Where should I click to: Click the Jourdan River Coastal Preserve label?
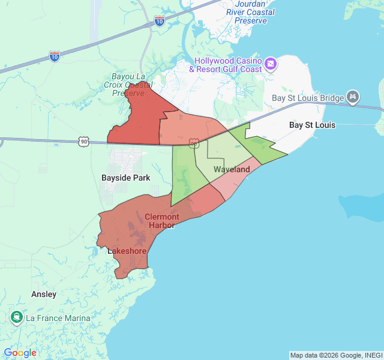(251, 12)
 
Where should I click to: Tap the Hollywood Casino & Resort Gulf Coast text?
(225, 65)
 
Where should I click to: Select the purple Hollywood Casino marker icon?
(271, 63)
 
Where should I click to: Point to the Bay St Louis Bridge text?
(308, 98)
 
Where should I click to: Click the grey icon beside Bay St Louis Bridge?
(353, 97)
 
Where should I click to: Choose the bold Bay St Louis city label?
(312, 125)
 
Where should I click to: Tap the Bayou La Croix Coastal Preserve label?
(128, 85)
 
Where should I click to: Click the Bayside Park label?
(126, 178)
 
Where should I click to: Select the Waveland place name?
(232, 170)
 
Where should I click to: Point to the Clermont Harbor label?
(161, 221)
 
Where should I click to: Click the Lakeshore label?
(127, 251)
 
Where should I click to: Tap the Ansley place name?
(44, 294)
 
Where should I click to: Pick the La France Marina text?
(58, 318)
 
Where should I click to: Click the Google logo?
(20, 353)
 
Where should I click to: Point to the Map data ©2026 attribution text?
(335, 355)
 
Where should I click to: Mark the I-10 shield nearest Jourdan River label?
(160, 22)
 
